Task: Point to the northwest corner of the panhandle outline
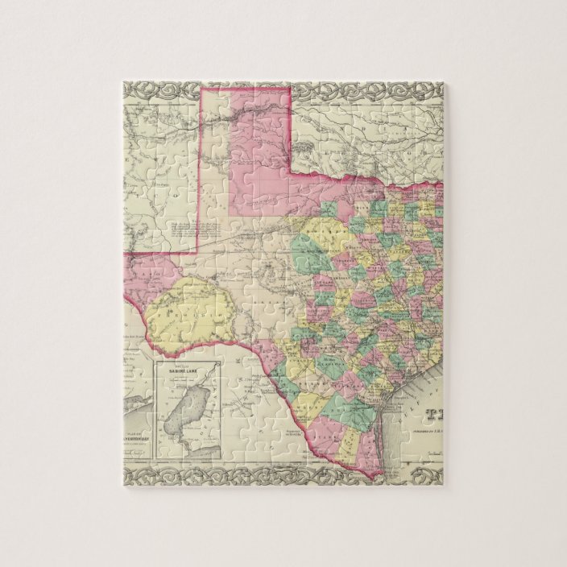tap(201, 90)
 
